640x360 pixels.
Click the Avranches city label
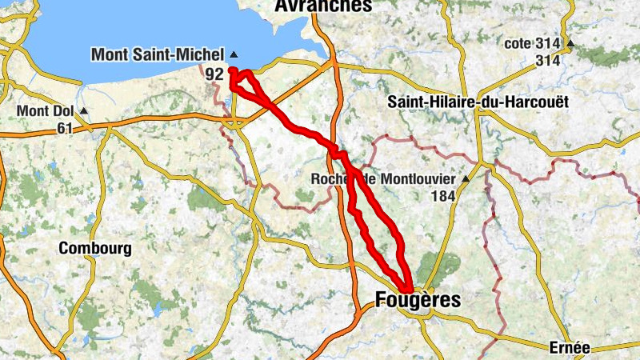click(323, 6)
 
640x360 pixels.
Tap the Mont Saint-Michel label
click(158, 55)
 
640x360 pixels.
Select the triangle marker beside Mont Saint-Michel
click(234, 54)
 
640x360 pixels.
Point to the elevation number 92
click(214, 74)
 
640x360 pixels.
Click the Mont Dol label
click(46, 110)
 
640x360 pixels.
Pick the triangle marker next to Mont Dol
click(83, 110)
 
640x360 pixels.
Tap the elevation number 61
click(66, 128)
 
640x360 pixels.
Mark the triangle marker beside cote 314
click(570, 43)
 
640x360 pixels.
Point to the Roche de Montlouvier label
click(382, 178)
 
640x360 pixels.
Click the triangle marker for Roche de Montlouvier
click(464, 178)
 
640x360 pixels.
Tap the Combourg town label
click(95, 249)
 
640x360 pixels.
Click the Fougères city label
click(418, 301)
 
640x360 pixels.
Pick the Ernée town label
click(570, 347)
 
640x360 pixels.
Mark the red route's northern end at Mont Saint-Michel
click(232, 71)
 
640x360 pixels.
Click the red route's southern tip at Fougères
click(408, 290)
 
